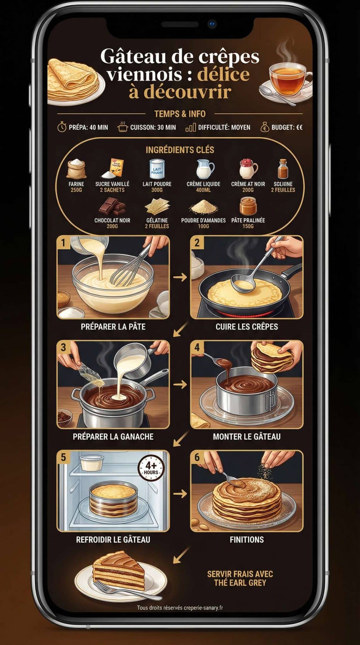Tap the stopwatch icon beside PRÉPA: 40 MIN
(62, 127)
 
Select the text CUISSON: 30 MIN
(153, 127)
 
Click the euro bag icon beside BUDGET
(265, 127)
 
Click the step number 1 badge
(63, 243)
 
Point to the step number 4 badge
(197, 347)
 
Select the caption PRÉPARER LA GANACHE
(113, 437)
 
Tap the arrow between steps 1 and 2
(180, 277)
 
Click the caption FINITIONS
(247, 539)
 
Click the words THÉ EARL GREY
(240, 583)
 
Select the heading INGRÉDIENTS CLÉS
(180, 150)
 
